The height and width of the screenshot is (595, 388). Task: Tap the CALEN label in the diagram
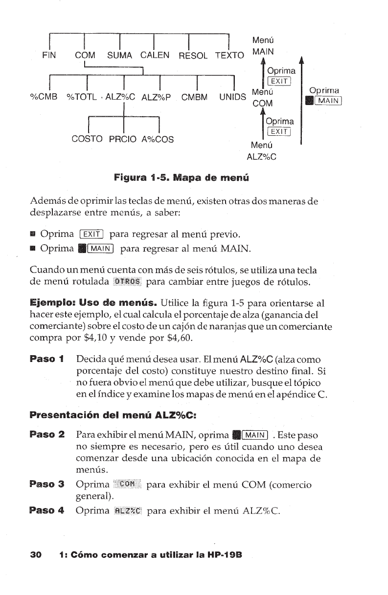click(155, 55)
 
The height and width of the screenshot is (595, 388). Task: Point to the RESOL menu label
click(193, 56)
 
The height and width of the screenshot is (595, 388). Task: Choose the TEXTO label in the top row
click(229, 56)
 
